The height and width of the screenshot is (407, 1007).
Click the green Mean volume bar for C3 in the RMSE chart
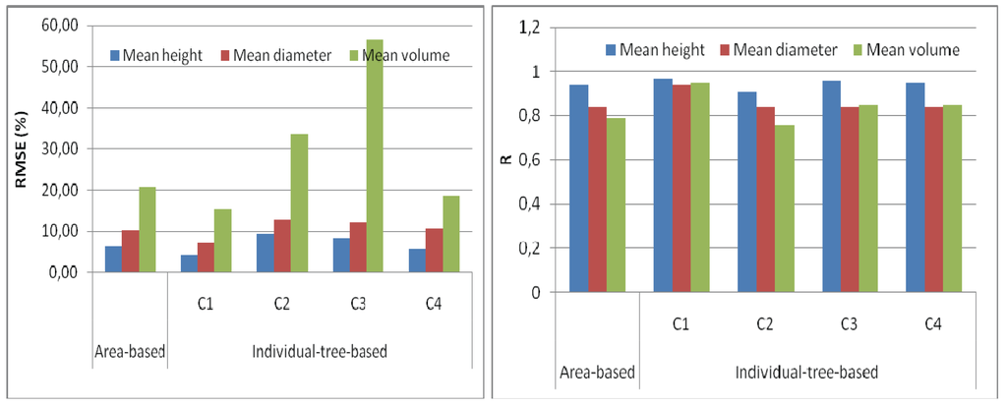[x=375, y=156]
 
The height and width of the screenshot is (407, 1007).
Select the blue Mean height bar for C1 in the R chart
[x=663, y=186]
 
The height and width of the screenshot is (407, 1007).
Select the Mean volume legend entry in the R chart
[x=906, y=49]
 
